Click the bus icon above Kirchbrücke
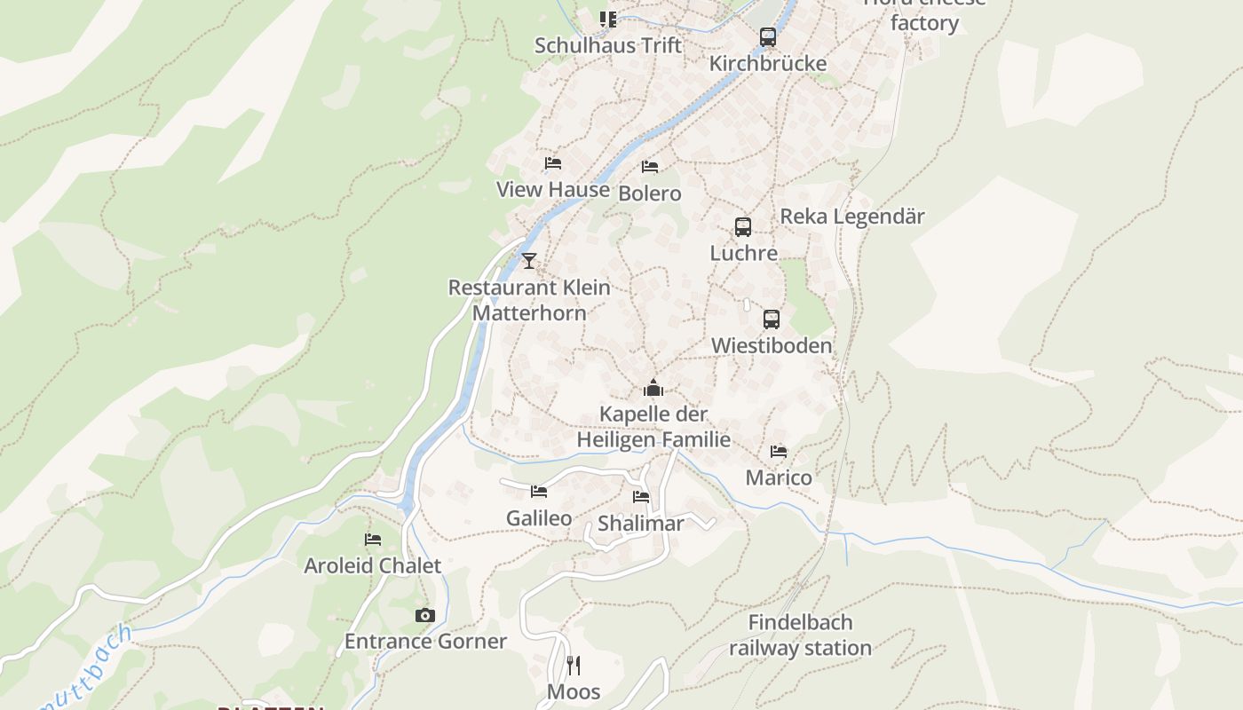pyautogui.click(x=768, y=37)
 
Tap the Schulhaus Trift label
pyautogui.click(x=608, y=45)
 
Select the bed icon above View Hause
pyautogui.click(x=553, y=163)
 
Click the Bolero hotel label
pyautogui.click(x=650, y=193)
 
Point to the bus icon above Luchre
pyautogui.click(x=743, y=227)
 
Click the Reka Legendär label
pyautogui.click(x=851, y=217)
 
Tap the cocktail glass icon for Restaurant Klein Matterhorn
pyautogui.click(x=529, y=261)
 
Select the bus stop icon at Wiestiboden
pyautogui.click(x=772, y=319)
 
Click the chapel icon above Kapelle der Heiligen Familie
pyautogui.click(x=653, y=389)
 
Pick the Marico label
pyautogui.click(x=779, y=478)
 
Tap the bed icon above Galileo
pyautogui.click(x=539, y=492)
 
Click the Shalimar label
pyautogui.click(x=640, y=524)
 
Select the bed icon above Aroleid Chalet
pyautogui.click(x=373, y=540)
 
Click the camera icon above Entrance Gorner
pyautogui.click(x=425, y=615)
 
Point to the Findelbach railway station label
pyautogui.click(x=800, y=635)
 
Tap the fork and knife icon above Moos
pyautogui.click(x=574, y=665)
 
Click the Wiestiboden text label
pyautogui.click(x=772, y=346)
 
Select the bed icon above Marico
pyautogui.click(x=779, y=452)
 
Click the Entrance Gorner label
pyautogui.click(x=425, y=642)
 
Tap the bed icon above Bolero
pyautogui.click(x=650, y=167)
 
